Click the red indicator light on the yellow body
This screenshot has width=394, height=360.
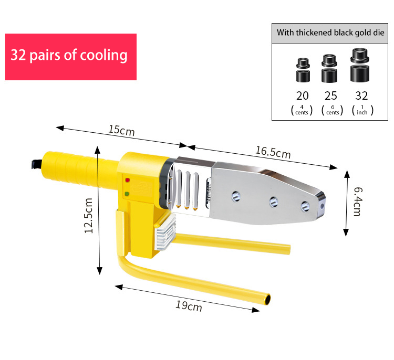pyautogui.click(x=128, y=180)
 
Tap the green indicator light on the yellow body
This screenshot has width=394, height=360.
pyautogui.click(x=127, y=194)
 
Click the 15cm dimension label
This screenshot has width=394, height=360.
pyautogui.click(x=121, y=130)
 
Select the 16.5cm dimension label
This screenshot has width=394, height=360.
pyautogui.click(x=273, y=152)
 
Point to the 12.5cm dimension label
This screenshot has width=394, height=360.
pyautogui.click(x=88, y=216)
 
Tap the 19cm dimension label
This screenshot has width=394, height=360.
pyautogui.click(x=189, y=306)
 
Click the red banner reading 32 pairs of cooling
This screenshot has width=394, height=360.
pyautogui.click(x=71, y=57)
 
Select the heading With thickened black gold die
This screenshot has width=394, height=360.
pyautogui.click(x=330, y=33)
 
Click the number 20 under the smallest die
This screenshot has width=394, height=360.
pyautogui.click(x=302, y=96)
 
